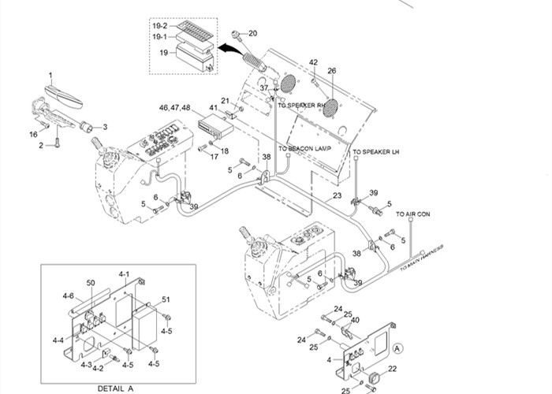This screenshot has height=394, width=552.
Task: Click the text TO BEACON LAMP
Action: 304,148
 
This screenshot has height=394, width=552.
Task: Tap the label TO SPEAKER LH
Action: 376,151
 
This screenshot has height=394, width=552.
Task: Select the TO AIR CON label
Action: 412,214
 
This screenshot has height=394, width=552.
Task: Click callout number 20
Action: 252,33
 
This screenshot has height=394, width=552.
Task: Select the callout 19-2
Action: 160,26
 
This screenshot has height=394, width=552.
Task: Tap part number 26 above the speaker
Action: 332,71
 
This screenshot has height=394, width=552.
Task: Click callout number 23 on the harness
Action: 337,195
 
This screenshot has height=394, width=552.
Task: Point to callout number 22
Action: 392,369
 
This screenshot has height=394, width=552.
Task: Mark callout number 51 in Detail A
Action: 166,299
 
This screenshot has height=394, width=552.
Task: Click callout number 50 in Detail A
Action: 91,282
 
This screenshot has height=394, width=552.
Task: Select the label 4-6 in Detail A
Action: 68,295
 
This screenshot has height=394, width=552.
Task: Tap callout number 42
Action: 313,62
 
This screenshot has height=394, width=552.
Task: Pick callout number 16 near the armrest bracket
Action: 33,134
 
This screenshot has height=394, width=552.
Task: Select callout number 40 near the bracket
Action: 355,319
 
